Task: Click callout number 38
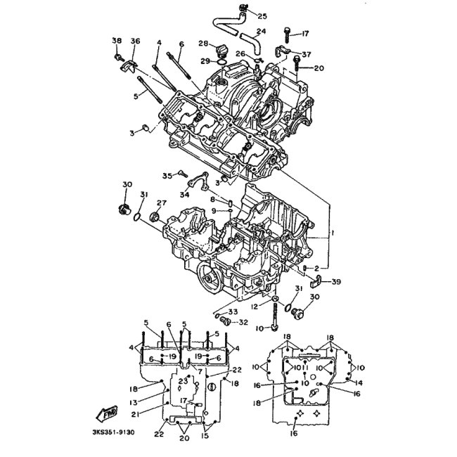point(117,41)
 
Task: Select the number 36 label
point(135,41)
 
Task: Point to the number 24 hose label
point(261,31)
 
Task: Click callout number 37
point(306,54)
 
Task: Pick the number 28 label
point(202,44)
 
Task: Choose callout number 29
point(205,61)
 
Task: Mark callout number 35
point(167,175)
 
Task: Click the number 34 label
point(184,194)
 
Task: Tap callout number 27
point(161,202)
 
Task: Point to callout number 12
point(256,307)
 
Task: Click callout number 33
point(233,311)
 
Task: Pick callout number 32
point(243,323)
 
